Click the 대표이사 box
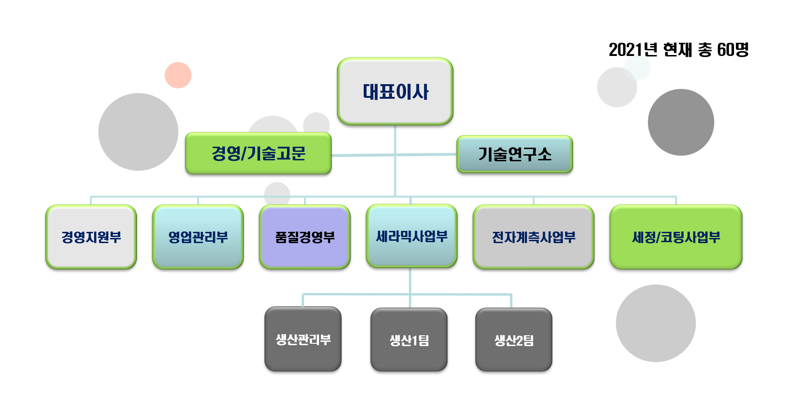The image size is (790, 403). pyautogui.click(x=395, y=91)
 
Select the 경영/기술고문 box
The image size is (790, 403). pyautogui.click(x=258, y=153)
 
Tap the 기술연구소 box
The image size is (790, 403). pyautogui.click(x=515, y=154)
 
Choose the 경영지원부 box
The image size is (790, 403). pyautogui.click(x=91, y=237)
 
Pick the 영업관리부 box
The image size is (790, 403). pyautogui.click(x=198, y=237)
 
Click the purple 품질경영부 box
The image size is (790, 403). pyautogui.click(x=305, y=237)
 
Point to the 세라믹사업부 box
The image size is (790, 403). pyautogui.click(x=412, y=236)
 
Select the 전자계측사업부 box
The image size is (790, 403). pyautogui.click(x=534, y=237)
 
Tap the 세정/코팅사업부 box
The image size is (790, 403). pyautogui.click(x=676, y=237)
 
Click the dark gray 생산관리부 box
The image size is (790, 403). pyautogui.click(x=303, y=339)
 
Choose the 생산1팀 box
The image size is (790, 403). pyautogui.click(x=409, y=340)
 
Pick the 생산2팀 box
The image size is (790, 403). pyautogui.click(x=514, y=340)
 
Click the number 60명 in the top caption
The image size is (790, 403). pyautogui.click(x=733, y=50)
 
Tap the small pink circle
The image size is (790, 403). pyautogui.click(x=178, y=75)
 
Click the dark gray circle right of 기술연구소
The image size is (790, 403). pyautogui.click(x=681, y=122)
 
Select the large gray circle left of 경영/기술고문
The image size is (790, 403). pyautogui.click(x=138, y=132)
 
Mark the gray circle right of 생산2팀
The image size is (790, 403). pyautogui.click(x=656, y=324)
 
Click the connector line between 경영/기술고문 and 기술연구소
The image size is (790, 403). pyautogui.click(x=394, y=155)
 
